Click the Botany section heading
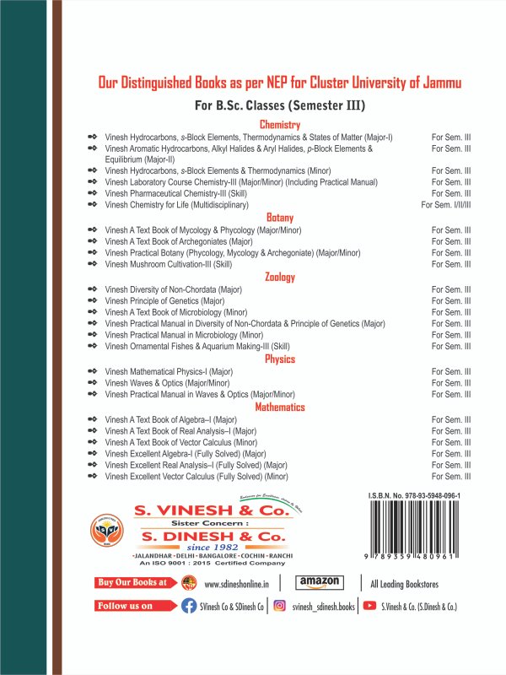[279, 217]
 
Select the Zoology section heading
[279, 276]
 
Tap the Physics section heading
[279, 359]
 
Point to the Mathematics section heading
[279, 407]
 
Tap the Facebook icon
[189, 607]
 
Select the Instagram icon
[279, 607]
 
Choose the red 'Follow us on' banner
[127, 606]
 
